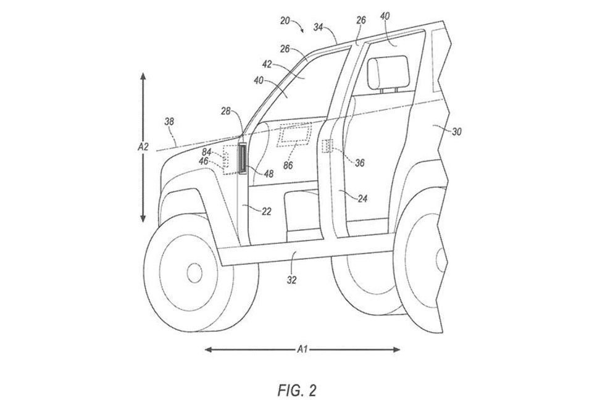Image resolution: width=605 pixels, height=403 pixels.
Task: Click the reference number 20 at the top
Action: (x=285, y=20)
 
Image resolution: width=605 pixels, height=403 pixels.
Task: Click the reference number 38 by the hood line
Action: (x=169, y=122)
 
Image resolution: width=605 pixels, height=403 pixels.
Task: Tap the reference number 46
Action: (x=203, y=160)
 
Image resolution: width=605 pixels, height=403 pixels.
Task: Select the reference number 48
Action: (x=269, y=174)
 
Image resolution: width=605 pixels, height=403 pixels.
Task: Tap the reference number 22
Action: (x=266, y=211)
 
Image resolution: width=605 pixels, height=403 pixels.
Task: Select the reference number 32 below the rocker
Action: (x=292, y=280)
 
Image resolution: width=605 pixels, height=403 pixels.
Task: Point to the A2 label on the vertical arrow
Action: (x=143, y=147)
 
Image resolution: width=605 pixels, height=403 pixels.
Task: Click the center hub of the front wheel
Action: (x=194, y=272)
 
